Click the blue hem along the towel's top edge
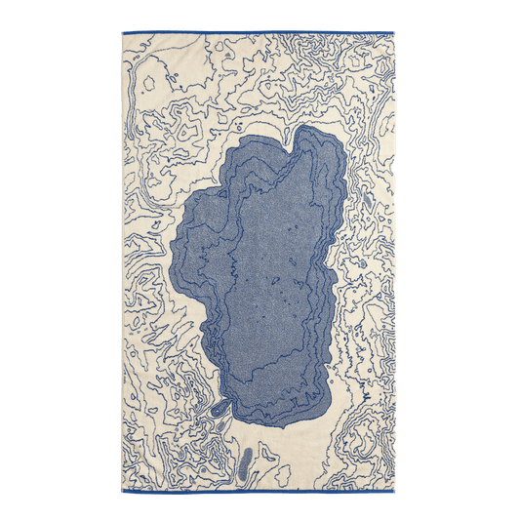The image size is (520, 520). tap(259, 32)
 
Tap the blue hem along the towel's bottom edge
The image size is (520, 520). tap(259, 487)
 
